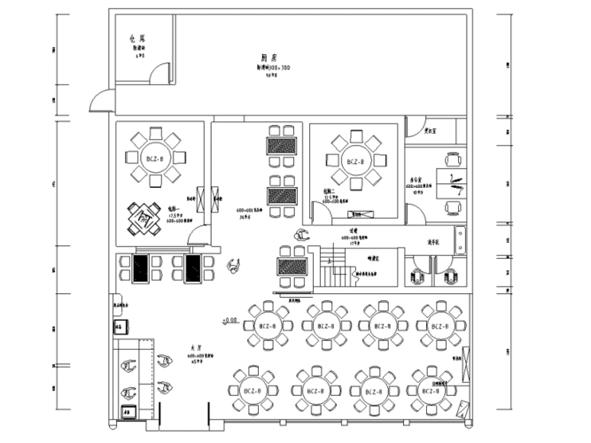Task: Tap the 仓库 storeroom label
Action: click(x=137, y=39)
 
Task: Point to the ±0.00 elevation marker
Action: click(x=229, y=319)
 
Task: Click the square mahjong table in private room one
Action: click(x=144, y=214)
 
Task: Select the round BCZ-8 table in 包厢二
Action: click(x=355, y=162)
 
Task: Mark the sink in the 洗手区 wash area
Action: click(x=459, y=239)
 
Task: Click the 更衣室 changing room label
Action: click(x=433, y=131)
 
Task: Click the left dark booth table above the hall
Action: click(x=139, y=268)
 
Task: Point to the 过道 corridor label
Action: click(x=352, y=229)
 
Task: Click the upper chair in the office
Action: click(x=455, y=160)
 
